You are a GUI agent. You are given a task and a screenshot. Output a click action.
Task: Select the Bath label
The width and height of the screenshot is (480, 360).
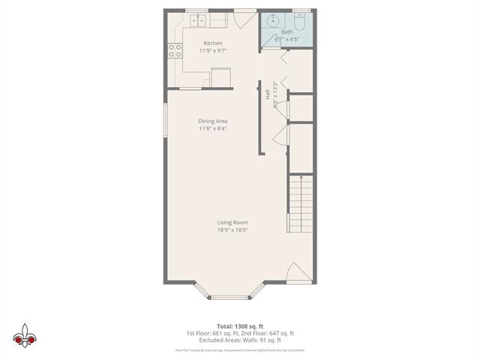(x=287, y=31)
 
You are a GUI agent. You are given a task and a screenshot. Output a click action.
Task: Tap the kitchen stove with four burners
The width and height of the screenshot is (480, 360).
(x=175, y=51)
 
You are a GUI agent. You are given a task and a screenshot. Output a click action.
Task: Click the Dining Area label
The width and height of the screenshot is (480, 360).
(x=213, y=121)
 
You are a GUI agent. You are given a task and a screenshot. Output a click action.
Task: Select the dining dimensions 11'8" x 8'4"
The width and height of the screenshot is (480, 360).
(x=213, y=129)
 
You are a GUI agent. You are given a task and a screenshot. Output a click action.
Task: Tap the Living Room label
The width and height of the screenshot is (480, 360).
(x=232, y=223)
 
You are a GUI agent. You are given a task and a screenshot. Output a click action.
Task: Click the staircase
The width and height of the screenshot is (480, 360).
(x=301, y=207)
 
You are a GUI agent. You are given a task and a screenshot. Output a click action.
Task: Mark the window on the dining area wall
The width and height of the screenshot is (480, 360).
(x=166, y=120)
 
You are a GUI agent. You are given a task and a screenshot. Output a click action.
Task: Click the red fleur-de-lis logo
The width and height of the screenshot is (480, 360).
(x=25, y=335)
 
